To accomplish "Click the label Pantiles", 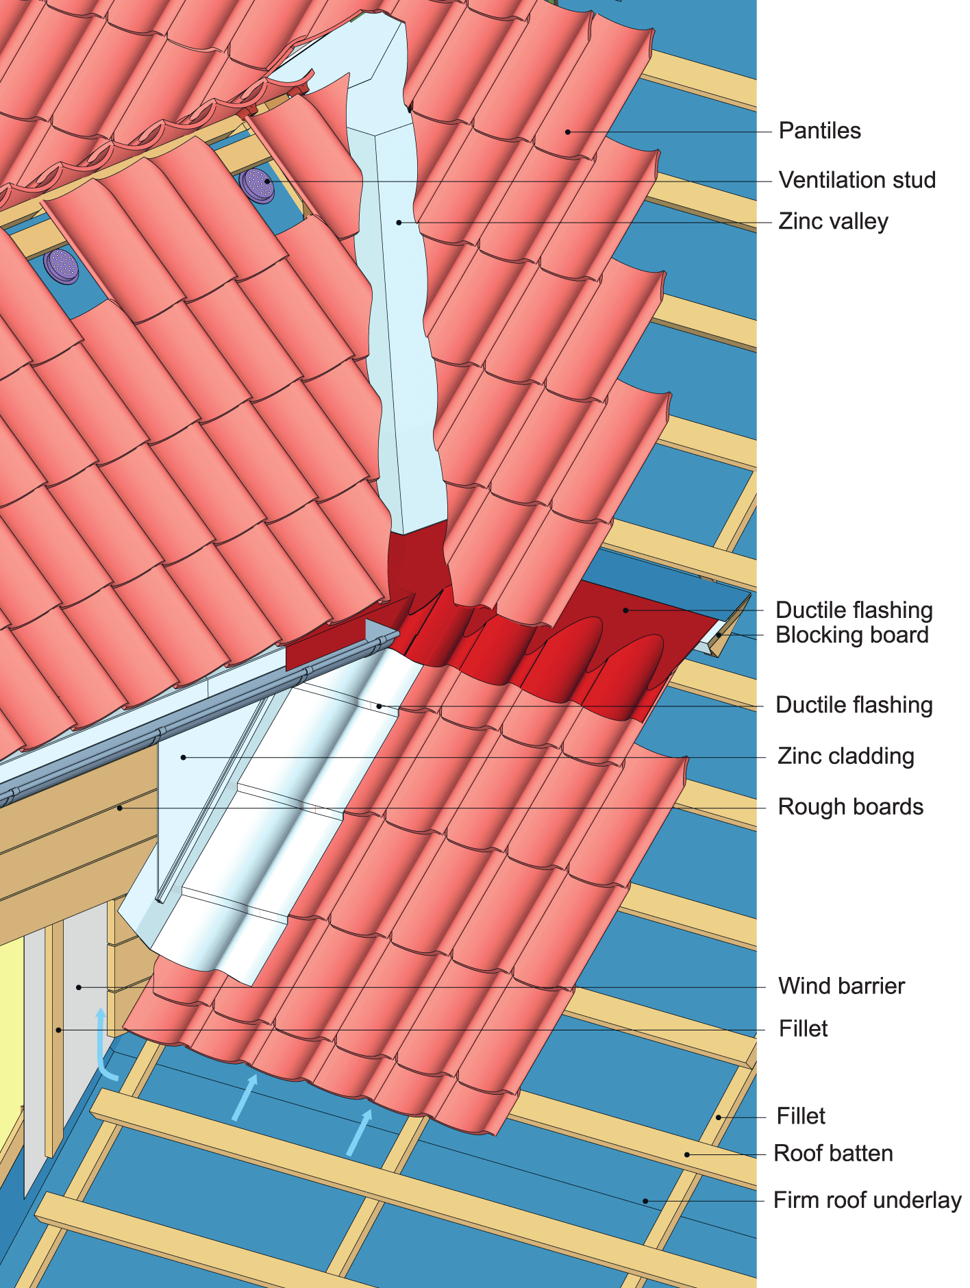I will point(819,131).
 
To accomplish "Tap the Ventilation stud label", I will point(857,180).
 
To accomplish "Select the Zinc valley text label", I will point(833,221).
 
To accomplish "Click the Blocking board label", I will point(851,635).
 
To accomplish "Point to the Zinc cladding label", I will point(845,756).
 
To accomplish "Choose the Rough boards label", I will point(850,807).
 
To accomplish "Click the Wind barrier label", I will point(841,986).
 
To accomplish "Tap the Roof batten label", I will point(833,1153).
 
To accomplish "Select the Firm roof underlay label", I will point(867,1200).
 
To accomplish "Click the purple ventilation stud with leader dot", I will point(258,184).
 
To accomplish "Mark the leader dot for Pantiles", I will point(568,132).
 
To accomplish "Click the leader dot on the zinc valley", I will point(399,223).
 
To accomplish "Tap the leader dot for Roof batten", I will point(687,1154).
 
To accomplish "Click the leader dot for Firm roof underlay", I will point(645,1201).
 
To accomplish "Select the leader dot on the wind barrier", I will point(79,987).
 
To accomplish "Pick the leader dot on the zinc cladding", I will point(184,757).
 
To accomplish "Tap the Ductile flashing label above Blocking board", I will point(854,610).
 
